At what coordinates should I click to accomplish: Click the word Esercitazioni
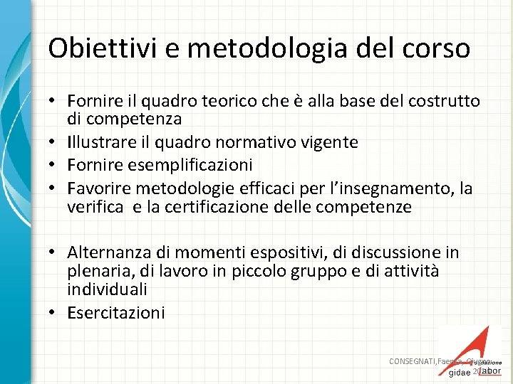coord(116,312)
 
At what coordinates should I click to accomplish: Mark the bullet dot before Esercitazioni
coord(55,312)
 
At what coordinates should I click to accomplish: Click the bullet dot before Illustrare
coord(55,142)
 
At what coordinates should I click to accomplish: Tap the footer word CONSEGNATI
coord(413,361)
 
